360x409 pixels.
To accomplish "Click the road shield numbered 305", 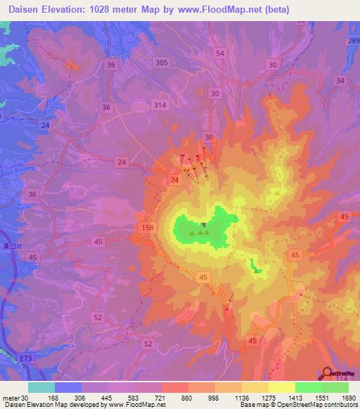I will [x=162, y=63].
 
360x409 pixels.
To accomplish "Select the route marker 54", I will [x=221, y=53].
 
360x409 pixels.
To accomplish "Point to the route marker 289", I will [x=352, y=41].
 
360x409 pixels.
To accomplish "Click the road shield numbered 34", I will [x=340, y=81].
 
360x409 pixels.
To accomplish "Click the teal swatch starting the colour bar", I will [x=41, y=387].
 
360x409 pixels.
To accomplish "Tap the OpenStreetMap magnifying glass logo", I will [x=328, y=373].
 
